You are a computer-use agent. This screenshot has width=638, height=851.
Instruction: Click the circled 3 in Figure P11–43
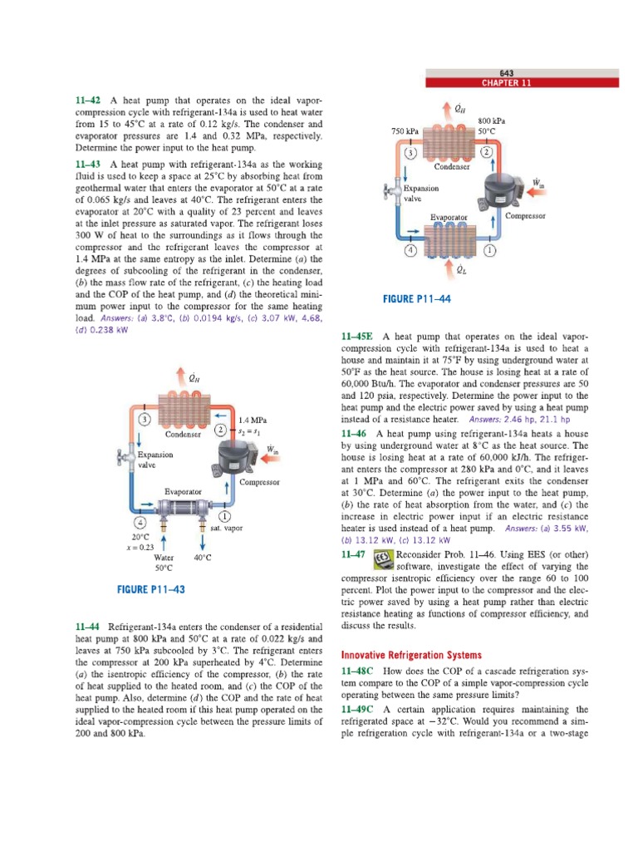tap(145, 419)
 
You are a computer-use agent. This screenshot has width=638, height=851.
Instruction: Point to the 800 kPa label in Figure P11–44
tap(493, 121)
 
